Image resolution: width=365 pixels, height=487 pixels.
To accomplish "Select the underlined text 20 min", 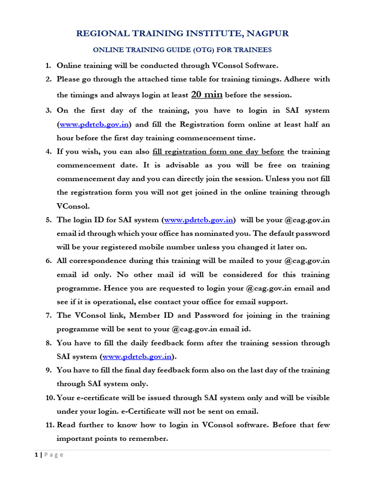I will click(x=207, y=94).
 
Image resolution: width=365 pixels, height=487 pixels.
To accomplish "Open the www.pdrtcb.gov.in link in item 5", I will click(x=199, y=220).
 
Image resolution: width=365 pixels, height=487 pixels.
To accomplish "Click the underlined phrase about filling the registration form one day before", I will click(x=218, y=152).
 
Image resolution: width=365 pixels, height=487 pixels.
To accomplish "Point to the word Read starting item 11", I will click(x=66, y=425).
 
